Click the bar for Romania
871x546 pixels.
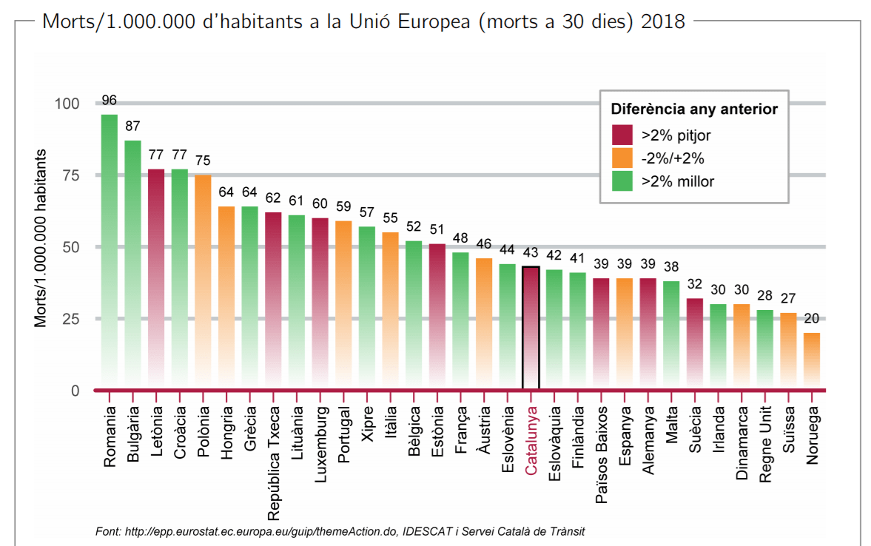coord(110,252)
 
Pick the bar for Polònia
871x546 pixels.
coord(203,281)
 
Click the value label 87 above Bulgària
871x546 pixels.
coord(133,126)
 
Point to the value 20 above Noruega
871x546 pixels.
coord(812,319)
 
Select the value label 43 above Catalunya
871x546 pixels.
coord(531,253)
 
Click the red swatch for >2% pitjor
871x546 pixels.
coord(622,135)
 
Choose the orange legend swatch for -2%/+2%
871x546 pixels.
coord(622,158)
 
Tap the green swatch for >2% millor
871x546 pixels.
coord(622,181)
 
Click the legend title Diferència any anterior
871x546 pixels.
coord(694,109)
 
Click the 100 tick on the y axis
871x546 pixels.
coord(65,104)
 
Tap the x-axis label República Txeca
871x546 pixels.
coord(274,463)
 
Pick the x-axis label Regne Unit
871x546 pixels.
coord(765,444)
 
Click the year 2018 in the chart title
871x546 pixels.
coord(663,21)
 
